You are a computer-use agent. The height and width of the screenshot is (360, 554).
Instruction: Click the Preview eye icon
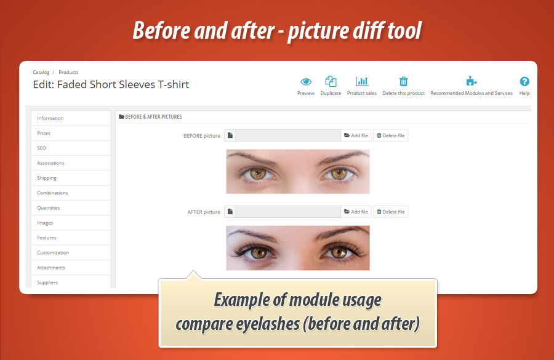pyautogui.click(x=306, y=81)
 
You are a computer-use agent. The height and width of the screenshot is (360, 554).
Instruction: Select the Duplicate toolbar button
pyautogui.click(x=331, y=81)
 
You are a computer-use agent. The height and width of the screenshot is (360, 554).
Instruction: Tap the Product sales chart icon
pyautogui.click(x=362, y=81)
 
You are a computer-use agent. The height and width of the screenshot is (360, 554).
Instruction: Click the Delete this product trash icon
pyautogui.click(x=404, y=81)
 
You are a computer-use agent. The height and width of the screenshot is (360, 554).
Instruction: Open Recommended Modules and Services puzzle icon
pyautogui.click(x=472, y=81)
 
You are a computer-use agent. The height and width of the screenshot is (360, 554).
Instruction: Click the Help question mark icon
pyautogui.click(x=524, y=81)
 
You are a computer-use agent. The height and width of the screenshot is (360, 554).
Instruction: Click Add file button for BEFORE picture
pyautogui.click(x=356, y=135)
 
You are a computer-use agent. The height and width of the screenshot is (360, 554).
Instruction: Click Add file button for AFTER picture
pyautogui.click(x=356, y=212)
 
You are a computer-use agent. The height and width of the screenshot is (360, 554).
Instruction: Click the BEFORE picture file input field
pyautogui.click(x=288, y=135)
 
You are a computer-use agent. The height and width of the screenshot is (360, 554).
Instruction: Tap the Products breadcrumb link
pyautogui.click(x=68, y=73)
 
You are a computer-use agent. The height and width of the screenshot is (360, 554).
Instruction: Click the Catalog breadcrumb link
pyautogui.click(x=41, y=73)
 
